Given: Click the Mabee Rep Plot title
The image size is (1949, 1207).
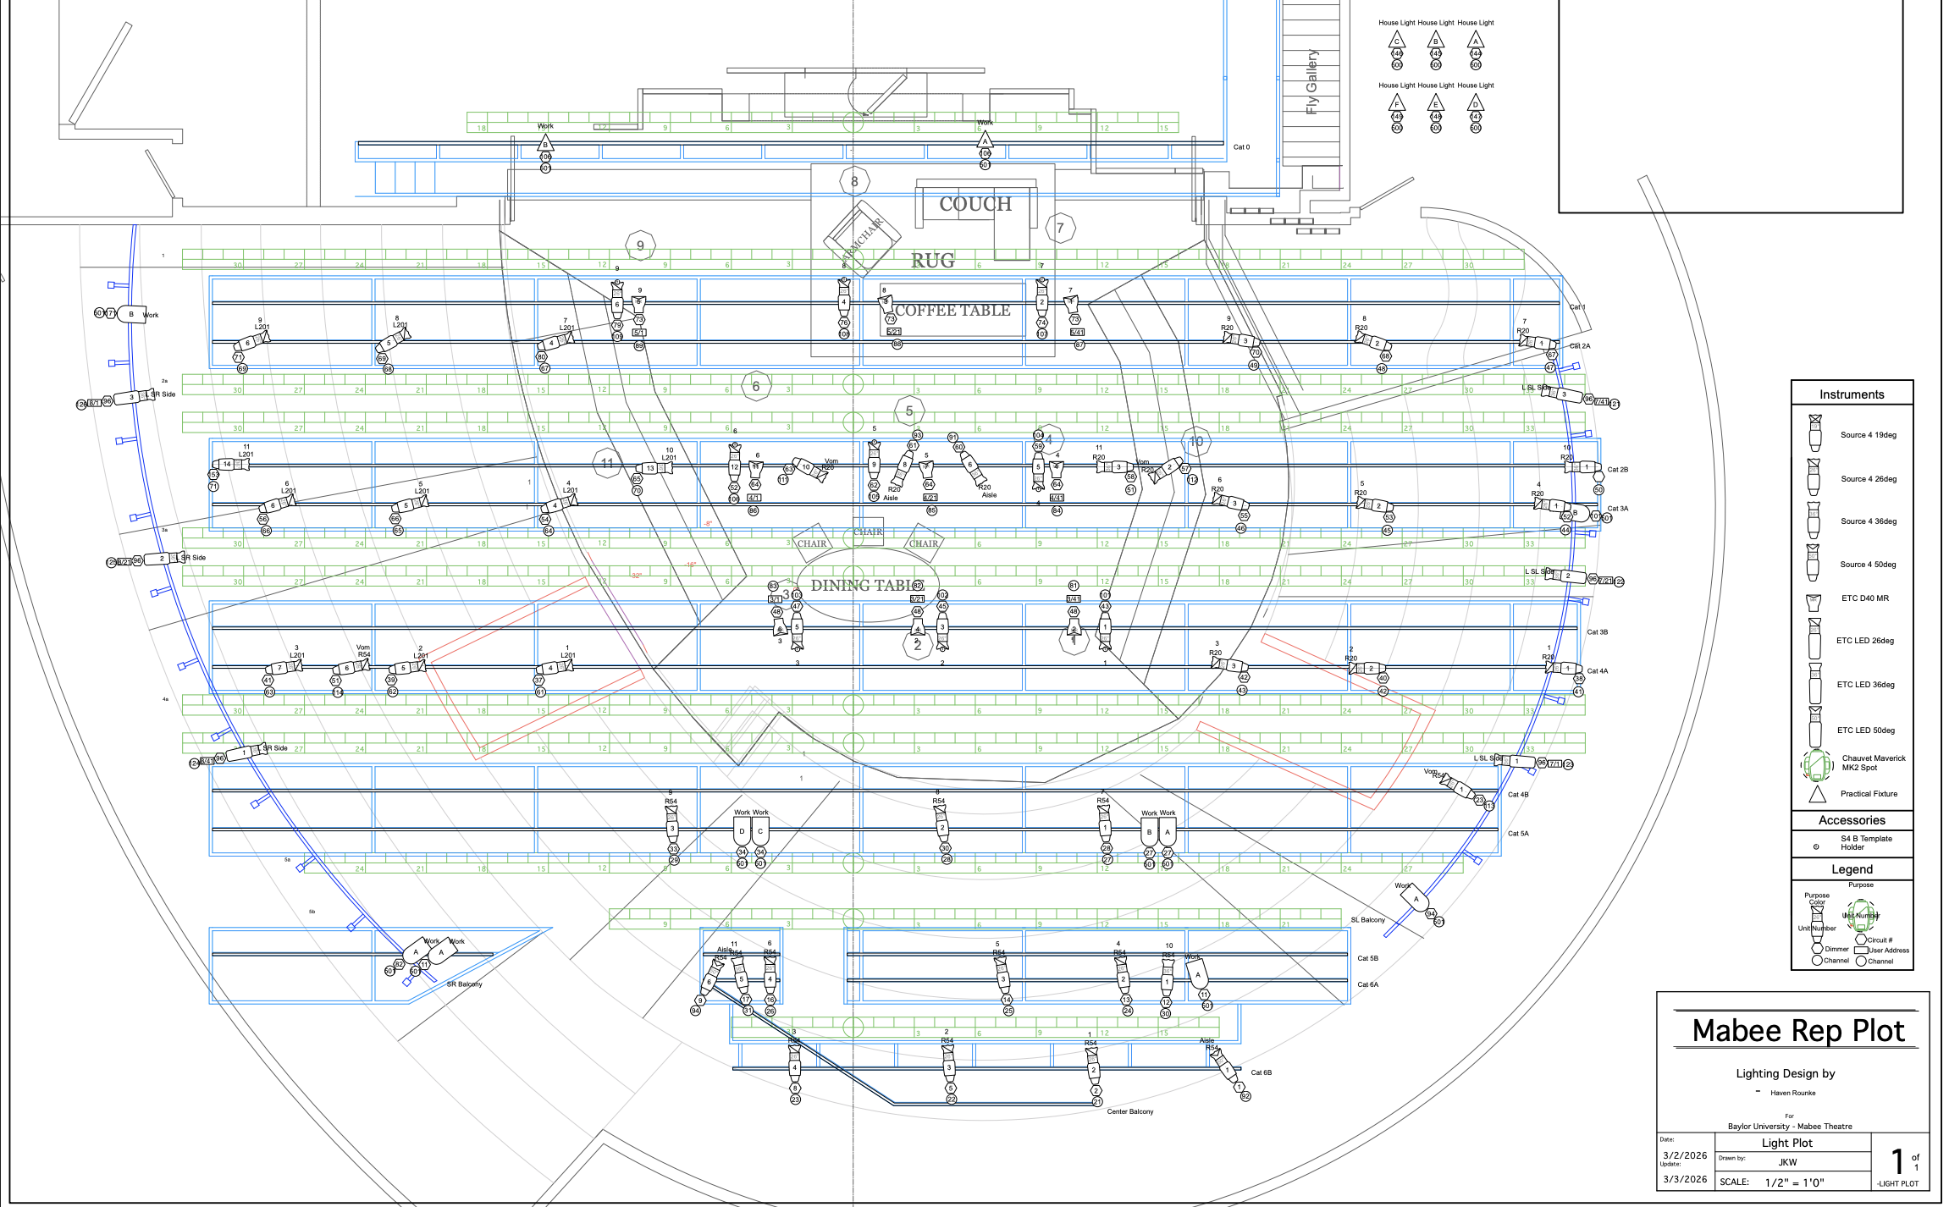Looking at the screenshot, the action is point(1797,1031).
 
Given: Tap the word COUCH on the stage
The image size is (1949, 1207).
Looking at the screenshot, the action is point(975,204).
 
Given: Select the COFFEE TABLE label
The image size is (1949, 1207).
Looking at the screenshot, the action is point(952,311).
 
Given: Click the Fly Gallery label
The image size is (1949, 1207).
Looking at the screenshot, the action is point(1311,81).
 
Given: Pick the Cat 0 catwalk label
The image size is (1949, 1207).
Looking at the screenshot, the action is point(1241,147).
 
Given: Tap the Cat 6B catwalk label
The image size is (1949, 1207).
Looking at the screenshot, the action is point(1261,1072).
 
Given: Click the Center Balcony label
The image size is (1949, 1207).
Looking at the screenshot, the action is point(1129,1111).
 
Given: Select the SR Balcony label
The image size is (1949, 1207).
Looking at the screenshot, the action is point(464,984).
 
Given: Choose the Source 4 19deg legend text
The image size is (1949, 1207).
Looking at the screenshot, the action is point(1868,435).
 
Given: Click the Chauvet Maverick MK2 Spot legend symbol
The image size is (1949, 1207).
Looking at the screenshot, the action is point(1815,764).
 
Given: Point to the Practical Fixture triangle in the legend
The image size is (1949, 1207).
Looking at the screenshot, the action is point(1817,795).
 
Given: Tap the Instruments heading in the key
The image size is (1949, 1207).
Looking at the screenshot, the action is point(1852,394).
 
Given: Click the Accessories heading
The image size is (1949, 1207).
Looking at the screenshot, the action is point(1852,820).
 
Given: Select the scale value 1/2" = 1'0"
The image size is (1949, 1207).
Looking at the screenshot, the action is point(1794,1182).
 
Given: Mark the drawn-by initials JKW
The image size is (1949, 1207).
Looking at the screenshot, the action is point(1787,1162).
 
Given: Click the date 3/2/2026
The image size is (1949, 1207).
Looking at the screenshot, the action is point(1684,1155).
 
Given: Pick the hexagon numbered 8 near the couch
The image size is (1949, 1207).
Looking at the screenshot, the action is point(854,181).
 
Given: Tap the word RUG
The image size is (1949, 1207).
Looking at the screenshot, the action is point(932,261).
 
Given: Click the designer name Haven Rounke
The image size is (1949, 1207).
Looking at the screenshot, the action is point(1792,1093).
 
